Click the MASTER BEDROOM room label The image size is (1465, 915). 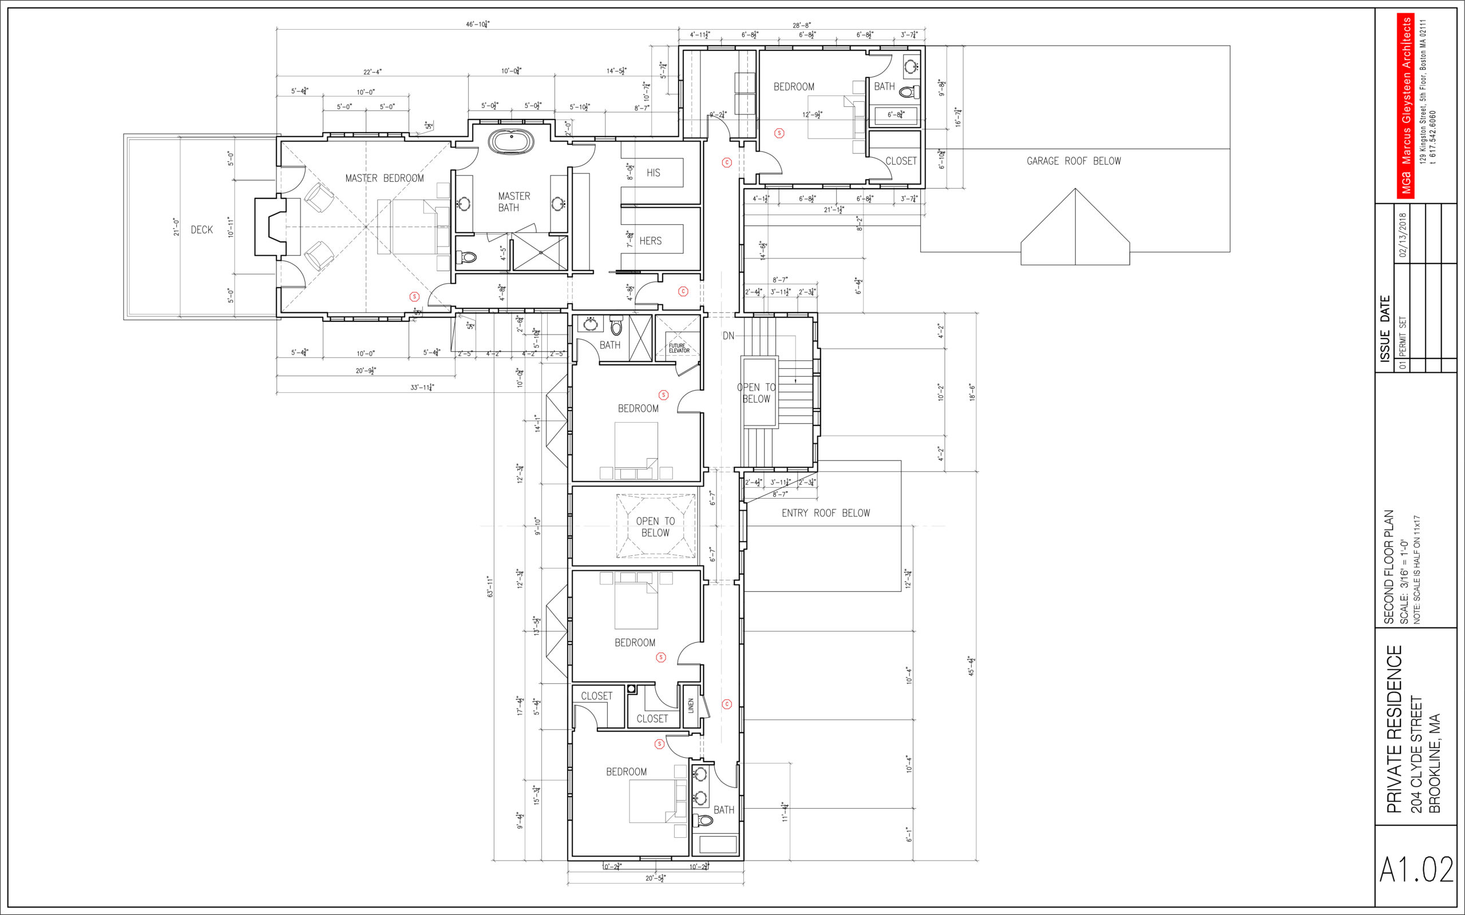tap(385, 178)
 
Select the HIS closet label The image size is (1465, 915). tap(653, 173)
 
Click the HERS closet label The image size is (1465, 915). tap(651, 241)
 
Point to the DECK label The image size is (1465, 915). tap(201, 230)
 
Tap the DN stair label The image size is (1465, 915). tap(728, 336)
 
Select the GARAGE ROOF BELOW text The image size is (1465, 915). tap(1074, 161)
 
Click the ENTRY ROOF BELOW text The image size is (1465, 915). tap(826, 513)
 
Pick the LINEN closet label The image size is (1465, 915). tap(691, 706)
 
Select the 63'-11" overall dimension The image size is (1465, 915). tap(490, 587)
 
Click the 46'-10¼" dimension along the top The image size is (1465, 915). tap(478, 25)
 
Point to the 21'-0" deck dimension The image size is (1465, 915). tap(176, 227)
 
